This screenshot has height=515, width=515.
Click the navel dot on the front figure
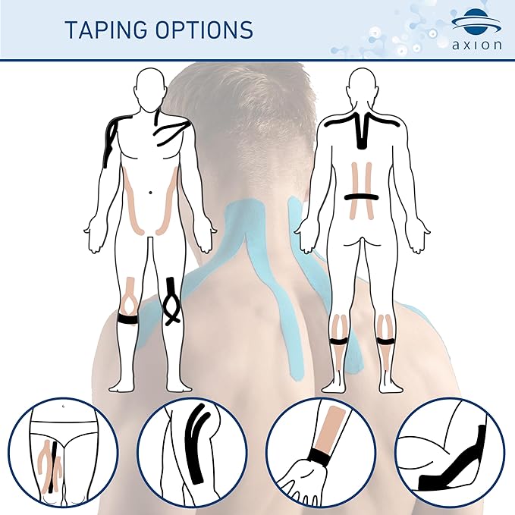(151, 191)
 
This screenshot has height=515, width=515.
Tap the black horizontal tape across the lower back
(361, 197)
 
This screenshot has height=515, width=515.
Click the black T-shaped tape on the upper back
(362, 129)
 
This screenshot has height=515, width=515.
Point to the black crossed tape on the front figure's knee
(171, 302)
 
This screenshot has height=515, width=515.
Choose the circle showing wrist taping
(325, 451)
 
